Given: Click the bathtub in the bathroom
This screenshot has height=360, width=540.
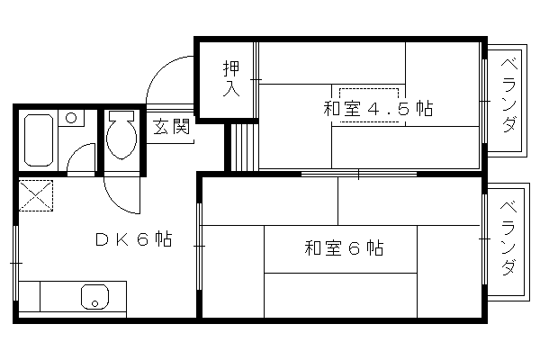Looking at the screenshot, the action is point(39,140).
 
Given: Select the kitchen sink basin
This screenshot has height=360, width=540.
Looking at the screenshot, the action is point(94,297).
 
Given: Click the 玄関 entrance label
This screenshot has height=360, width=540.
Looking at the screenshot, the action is point(171,126).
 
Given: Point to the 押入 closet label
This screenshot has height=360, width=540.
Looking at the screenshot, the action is point(231,79).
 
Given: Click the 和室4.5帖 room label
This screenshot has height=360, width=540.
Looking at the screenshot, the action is point(378,109).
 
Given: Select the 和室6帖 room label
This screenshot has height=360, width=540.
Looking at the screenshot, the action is point(344,247).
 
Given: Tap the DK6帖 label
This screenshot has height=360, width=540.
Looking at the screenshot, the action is point(133,238).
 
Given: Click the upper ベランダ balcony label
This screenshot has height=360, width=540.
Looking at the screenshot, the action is point(508,95).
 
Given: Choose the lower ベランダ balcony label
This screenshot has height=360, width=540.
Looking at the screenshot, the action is point(508,238).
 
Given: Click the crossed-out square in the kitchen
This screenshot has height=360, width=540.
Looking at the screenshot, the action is point(36,195).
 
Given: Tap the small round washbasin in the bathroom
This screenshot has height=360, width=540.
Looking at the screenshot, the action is point(71,118).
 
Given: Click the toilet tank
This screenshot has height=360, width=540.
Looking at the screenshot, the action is point(121,115).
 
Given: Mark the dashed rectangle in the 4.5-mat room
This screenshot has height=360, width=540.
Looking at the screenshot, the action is point(369,105).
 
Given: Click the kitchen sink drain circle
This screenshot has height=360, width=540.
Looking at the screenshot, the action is point(95,303).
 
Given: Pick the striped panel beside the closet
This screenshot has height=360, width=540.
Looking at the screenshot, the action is point(244,147).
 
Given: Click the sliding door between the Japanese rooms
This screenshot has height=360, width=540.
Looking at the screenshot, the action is point(359,174).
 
